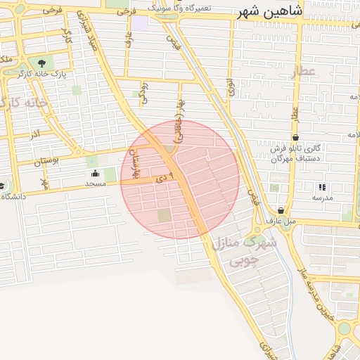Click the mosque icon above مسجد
pos(95,174)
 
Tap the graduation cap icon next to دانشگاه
pos(2,186)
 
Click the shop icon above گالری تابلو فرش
pos(295,136)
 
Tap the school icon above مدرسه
pos(322,187)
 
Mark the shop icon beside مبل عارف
pos(281,210)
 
